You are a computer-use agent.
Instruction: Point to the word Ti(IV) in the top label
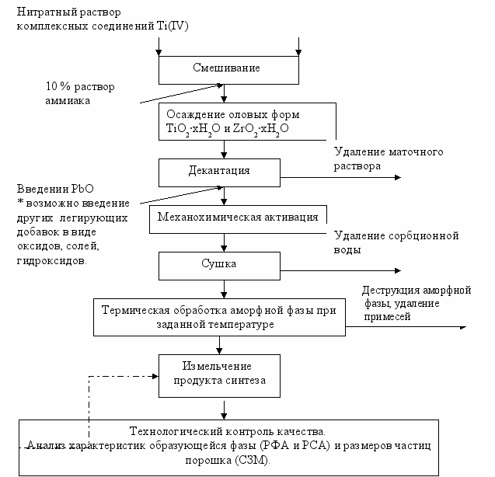(173, 26)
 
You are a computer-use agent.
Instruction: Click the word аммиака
(68, 101)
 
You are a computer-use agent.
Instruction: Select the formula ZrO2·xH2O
(260, 129)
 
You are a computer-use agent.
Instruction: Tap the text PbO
(82, 189)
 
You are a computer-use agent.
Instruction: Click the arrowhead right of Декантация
(398, 177)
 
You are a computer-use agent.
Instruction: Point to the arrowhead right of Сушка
(398, 270)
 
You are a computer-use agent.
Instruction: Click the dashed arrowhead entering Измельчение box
(155, 376)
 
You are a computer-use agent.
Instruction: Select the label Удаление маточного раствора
(389, 158)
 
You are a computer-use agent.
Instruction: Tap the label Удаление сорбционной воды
(396, 242)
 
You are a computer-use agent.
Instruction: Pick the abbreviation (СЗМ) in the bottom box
(253, 460)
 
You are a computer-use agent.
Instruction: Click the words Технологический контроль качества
(227, 431)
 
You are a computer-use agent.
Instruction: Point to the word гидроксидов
(52, 261)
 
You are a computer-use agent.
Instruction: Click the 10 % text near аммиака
(58, 86)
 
